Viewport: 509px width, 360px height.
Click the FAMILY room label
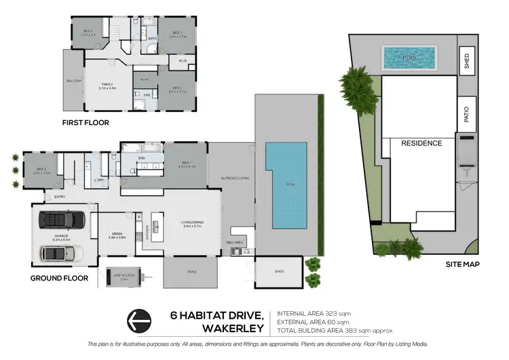coord(108,86)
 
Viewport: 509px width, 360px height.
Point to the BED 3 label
coord(176,33)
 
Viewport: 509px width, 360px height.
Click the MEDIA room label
coord(116,235)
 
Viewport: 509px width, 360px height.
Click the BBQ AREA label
coord(233,241)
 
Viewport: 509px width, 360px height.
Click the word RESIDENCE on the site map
coord(421,143)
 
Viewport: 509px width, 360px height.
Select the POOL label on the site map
coord(410,58)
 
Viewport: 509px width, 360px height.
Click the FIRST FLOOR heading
coord(86,123)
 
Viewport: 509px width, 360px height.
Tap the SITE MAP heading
coord(464,264)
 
